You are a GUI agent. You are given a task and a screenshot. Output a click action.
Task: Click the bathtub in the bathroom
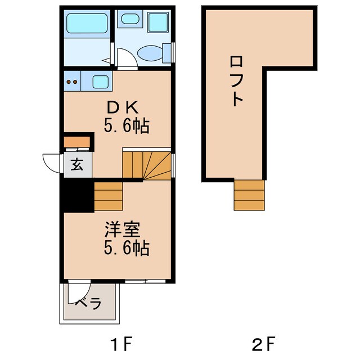click(x=88, y=23)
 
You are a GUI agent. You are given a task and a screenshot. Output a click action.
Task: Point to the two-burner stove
click(x=73, y=82)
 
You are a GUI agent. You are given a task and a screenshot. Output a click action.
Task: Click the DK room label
click(x=127, y=107)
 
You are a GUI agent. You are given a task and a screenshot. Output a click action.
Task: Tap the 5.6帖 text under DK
click(x=127, y=126)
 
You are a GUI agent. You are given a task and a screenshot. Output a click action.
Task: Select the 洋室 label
click(x=126, y=229)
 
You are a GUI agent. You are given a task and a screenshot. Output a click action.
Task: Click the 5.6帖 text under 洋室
click(x=126, y=247)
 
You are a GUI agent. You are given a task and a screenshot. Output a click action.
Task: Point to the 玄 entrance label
click(x=77, y=165)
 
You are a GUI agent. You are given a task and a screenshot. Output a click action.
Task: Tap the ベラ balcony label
click(x=88, y=304)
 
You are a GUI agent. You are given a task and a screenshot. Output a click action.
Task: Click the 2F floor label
click(x=264, y=342)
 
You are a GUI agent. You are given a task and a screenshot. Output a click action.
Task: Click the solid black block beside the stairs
click(x=77, y=195)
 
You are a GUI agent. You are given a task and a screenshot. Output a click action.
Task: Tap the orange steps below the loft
click(x=249, y=195)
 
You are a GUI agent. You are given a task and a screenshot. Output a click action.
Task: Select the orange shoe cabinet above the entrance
click(x=77, y=141)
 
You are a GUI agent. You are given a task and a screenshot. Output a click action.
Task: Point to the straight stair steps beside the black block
click(x=107, y=195)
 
